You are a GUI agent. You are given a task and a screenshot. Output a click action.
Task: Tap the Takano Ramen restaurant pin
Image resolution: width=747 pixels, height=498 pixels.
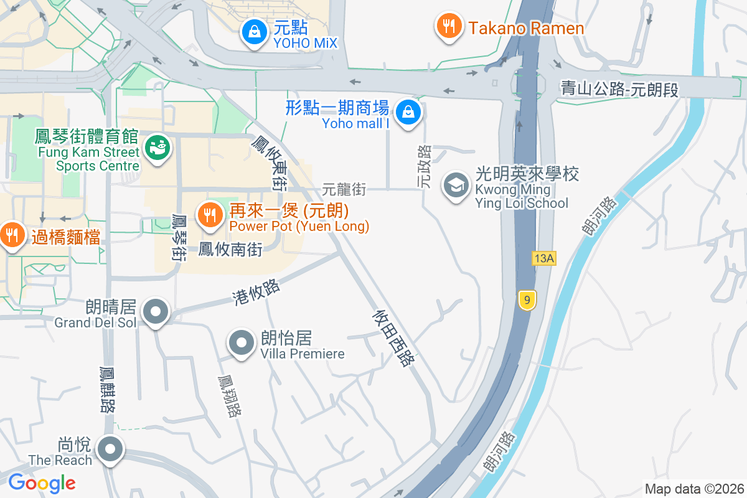pyautogui.click(x=448, y=27)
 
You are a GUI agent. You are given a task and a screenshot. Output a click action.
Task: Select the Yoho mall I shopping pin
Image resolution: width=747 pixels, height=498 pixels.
pyautogui.click(x=408, y=113)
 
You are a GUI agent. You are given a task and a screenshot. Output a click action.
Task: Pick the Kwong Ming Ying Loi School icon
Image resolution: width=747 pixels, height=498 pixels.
pyautogui.click(x=456, y=185)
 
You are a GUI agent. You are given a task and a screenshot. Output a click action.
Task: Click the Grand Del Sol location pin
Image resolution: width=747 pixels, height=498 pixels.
pyautogui.click(x=156, y=311)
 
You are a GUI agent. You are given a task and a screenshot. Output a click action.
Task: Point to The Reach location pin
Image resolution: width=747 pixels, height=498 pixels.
pyautogui.click(x=111, y=449)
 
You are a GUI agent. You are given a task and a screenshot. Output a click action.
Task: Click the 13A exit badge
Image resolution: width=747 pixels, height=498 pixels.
pyautogui.click(x=543, y=258)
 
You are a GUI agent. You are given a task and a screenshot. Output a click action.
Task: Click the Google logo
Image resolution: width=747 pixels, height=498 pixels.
pyautogui.click(x=42, y=482)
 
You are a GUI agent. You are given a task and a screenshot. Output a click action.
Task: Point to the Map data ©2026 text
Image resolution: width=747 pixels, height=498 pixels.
pyautogui.click(x=693, y=489)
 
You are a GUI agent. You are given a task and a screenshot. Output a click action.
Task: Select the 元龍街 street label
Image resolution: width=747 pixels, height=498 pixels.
pyautogui.click(x=344, y=188)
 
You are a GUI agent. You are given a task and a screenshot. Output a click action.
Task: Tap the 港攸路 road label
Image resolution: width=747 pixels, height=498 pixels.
pyautogui.click(x=256, y=293)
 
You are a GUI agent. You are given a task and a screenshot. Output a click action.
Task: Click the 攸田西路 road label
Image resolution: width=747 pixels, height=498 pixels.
pyautogui.click(x=393, y=337)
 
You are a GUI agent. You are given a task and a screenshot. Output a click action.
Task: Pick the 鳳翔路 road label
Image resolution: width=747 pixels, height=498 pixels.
pyautogui.click(x=228, y=397)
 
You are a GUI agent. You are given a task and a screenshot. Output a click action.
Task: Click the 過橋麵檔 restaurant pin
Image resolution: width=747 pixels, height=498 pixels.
pyautogui.click(x=11, y=235)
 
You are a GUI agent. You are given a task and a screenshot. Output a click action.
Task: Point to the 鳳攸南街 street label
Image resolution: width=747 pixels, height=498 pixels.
pyautogui.click(x=231, y=250)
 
